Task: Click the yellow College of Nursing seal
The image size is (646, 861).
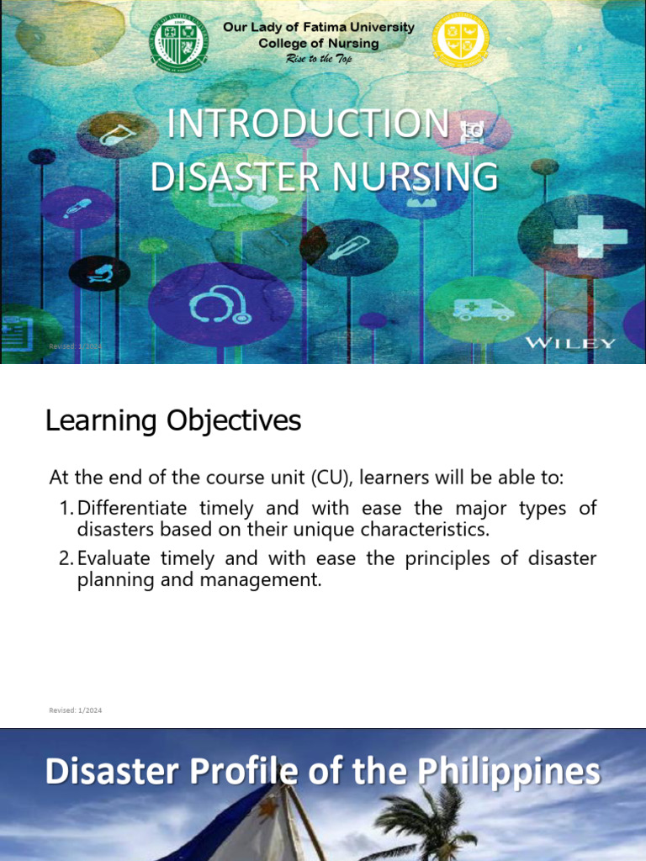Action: click(x=460, y=40)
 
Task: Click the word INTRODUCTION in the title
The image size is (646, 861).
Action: click(x=308, y=124)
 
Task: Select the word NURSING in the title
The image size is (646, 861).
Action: click(x=411, y=177)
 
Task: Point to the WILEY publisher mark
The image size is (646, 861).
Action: click(x=570, y=343)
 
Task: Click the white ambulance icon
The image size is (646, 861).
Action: click(x=483, y=309)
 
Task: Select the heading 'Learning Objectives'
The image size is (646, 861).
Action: click(x=172, y=420)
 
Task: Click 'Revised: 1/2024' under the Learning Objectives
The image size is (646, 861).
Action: click(x=76, y=710)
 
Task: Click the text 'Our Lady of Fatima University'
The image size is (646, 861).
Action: click(x=318, y=27)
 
